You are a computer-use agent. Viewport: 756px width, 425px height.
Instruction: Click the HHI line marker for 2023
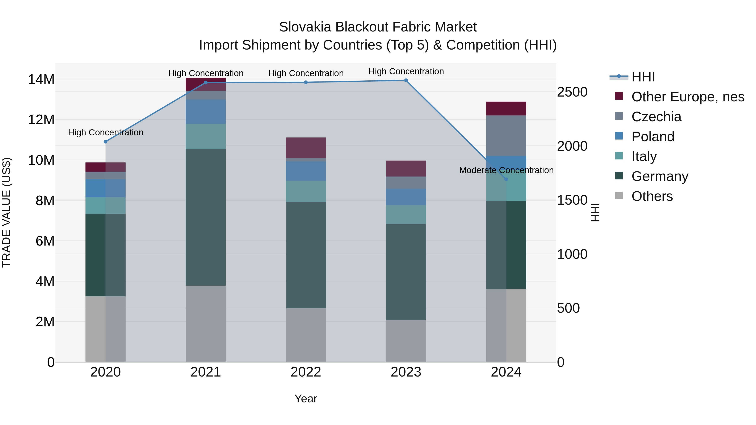coord(406,80)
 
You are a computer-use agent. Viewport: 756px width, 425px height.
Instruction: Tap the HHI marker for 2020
coord(106,142)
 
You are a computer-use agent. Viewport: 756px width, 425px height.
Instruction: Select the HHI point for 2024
coord(506,179)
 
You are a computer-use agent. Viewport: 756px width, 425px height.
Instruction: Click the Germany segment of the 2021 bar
coord(205,217)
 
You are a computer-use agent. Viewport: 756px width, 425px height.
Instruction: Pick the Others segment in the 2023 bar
coord(406,341)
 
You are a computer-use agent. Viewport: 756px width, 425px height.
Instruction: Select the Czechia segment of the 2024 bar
coord(506,136)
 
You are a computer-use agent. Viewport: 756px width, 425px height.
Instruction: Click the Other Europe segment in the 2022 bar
coord(306,148)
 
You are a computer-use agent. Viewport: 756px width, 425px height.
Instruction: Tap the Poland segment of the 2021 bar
coord(205,111)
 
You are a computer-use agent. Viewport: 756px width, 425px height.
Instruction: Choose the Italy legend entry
coord(644,156)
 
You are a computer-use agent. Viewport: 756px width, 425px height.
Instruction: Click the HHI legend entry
coord(643,77)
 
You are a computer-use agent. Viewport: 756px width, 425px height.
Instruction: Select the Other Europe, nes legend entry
coord(687,97)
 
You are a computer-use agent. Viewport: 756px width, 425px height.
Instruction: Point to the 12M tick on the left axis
coord(41,120)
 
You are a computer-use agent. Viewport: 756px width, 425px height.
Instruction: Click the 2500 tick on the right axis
coord(572,92)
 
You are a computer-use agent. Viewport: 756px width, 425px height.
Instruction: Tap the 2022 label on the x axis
coord(306,372)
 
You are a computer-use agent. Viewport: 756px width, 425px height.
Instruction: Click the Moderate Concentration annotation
coord(506,170)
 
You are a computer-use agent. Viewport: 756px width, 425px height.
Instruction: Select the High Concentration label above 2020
coord(106,133)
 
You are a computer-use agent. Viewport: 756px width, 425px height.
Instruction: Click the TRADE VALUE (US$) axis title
coord(7,213)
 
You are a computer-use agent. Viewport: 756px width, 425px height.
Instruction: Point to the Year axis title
coord(306,399)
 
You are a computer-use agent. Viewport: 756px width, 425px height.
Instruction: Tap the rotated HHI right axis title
coord(595,213)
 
